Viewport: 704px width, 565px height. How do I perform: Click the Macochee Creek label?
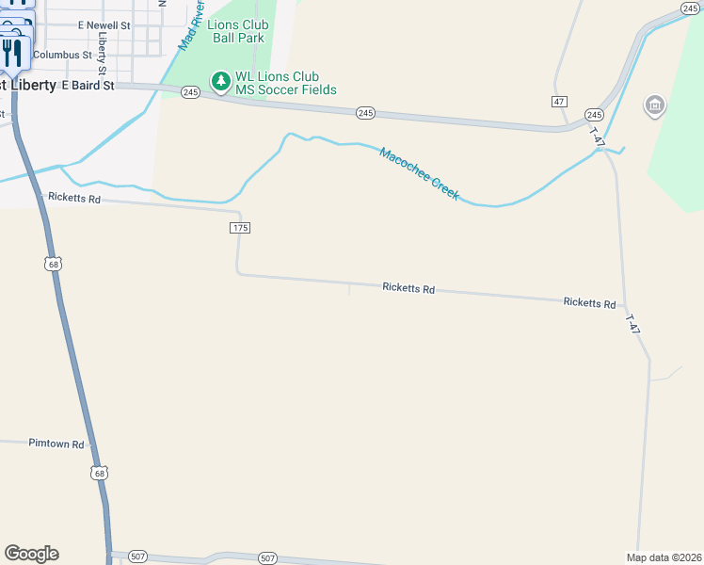pyautogui.click(x=419, y=172)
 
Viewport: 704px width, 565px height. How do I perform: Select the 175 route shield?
pyautogui.click(x=239, y=228)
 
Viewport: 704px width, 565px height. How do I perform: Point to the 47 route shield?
pyautogui.click(x=559, y=101)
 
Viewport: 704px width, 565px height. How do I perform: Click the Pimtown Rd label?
pyautogui.click(x=56, y=444)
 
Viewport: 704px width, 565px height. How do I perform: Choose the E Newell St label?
pyautogui.click(x=104, y=24)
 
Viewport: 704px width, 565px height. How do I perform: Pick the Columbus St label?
pyautogui.click(x=62, y=55)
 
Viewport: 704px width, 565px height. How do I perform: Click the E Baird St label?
pyautogui.click(x=88, y=85)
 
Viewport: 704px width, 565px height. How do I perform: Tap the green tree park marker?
pyautogui.click(x=220, y=83)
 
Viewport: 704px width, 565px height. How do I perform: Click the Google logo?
pyautogui.click(x=31, y=554)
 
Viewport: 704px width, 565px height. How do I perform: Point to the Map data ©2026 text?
pyautogui.click(x=664, y=557)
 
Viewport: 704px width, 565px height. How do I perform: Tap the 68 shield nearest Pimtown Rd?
pyautogui.click(x=99, y=472)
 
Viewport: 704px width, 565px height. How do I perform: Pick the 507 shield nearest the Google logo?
pyautogui.click(x=138, y=557)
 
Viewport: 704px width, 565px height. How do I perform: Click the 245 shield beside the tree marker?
pyautogui.click(x=191, y=92)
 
